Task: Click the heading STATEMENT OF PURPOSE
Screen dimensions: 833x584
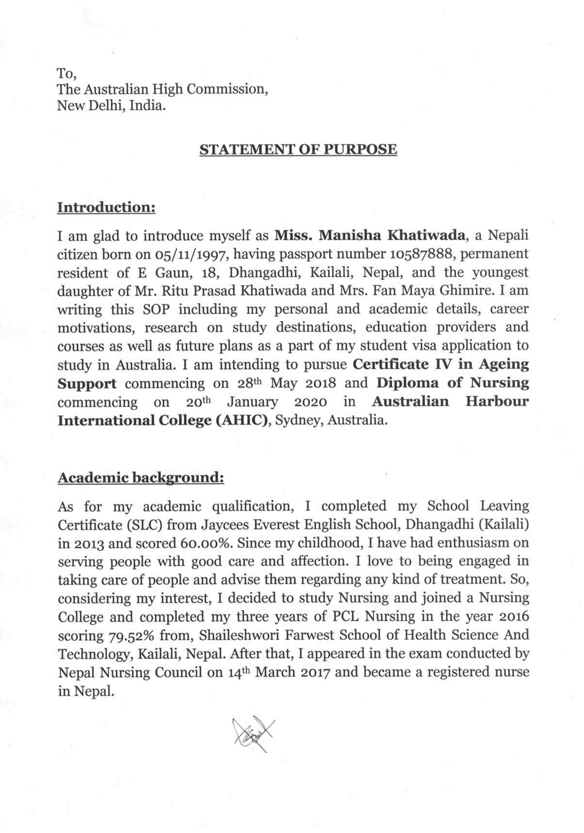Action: click(298, 150)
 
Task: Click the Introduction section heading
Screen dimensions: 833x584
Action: click(106, 207)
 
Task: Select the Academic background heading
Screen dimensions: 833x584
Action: click(141, 478)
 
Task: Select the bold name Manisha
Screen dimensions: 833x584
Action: click(349, 236)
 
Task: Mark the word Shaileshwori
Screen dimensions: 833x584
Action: click(241, 635)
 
